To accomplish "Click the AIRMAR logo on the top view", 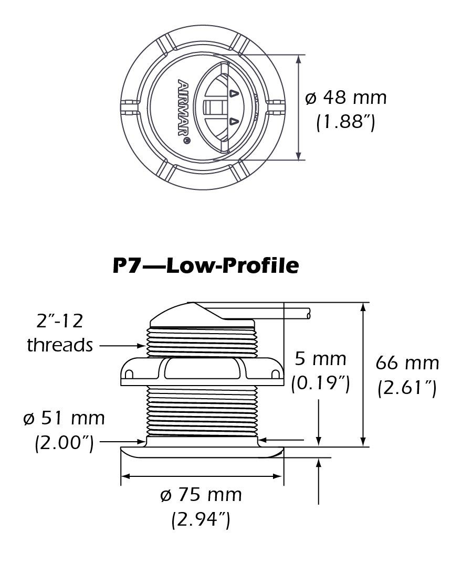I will [184, 112].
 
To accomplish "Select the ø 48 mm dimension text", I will [346, 97].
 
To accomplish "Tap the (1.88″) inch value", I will [346, 123].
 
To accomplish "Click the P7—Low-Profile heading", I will [206, 265].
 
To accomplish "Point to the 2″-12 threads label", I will [59, 332].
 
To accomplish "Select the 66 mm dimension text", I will [407, 363].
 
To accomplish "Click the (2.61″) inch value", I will [407, 388].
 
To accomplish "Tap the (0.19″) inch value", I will [320, 383].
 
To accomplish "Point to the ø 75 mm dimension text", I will [202, 494].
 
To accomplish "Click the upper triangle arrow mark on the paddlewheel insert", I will [234, 93].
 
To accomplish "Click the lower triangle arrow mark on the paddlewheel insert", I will [234, 123].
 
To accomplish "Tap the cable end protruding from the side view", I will [308, 314].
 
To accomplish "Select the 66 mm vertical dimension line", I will [363, 375].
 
